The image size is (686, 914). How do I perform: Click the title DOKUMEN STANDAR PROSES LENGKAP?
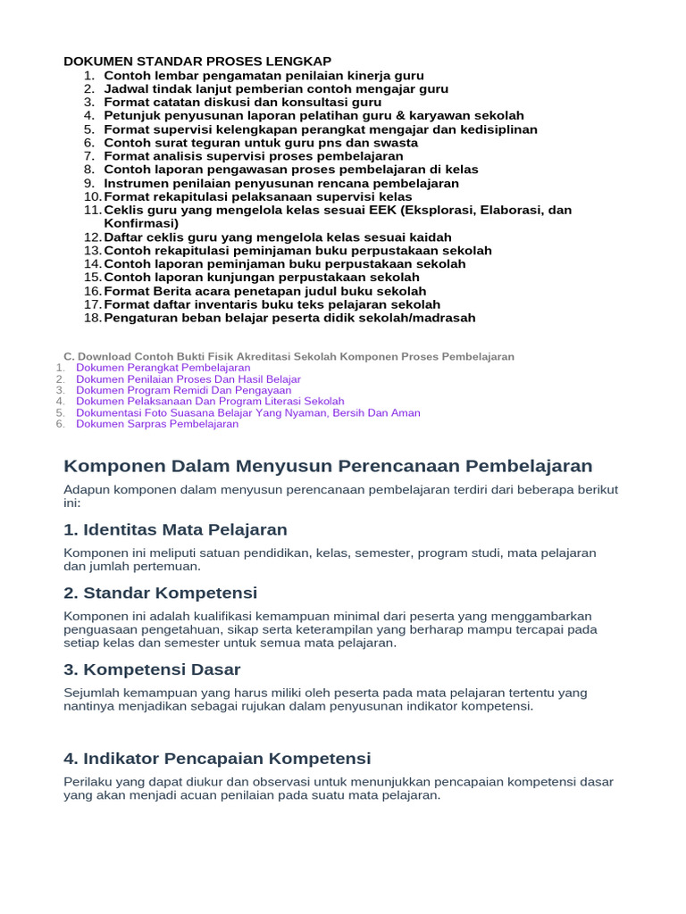click(x=197, y=61)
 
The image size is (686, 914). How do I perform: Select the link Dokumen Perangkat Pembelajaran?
click(x=163, y=368)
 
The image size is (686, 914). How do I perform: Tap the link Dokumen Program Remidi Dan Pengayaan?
click(x=183, y=390)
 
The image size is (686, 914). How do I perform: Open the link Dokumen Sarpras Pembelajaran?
click(x=157, y=424)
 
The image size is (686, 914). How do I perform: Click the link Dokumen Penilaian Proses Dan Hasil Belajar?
click(x=188, y=379)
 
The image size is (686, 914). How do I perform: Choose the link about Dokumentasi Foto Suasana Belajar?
click(x=247, y=412)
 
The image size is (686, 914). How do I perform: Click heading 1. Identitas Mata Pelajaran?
click(x=175, y=530)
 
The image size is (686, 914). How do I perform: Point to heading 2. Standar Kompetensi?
click(x=161, y=594)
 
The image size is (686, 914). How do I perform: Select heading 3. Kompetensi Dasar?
click(x=152, y=669)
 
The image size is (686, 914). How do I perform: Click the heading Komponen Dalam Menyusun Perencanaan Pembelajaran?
click(x=328, y=466)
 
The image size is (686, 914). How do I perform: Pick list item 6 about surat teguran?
click(x=260, y=143)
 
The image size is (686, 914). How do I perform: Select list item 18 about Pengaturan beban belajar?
click(x=289, y=318)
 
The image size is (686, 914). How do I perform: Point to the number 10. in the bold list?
click(x=92, y=197)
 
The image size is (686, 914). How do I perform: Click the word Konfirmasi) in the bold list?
click(x=141, y=223)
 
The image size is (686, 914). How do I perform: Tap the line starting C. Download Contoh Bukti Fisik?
click(x=289, y=356)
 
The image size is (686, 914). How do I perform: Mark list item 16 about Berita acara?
click(x=264, y=291)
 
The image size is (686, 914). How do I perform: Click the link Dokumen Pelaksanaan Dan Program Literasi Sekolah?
click(x=210, y=402)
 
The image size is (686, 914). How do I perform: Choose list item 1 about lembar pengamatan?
click(x=264, y=76)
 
